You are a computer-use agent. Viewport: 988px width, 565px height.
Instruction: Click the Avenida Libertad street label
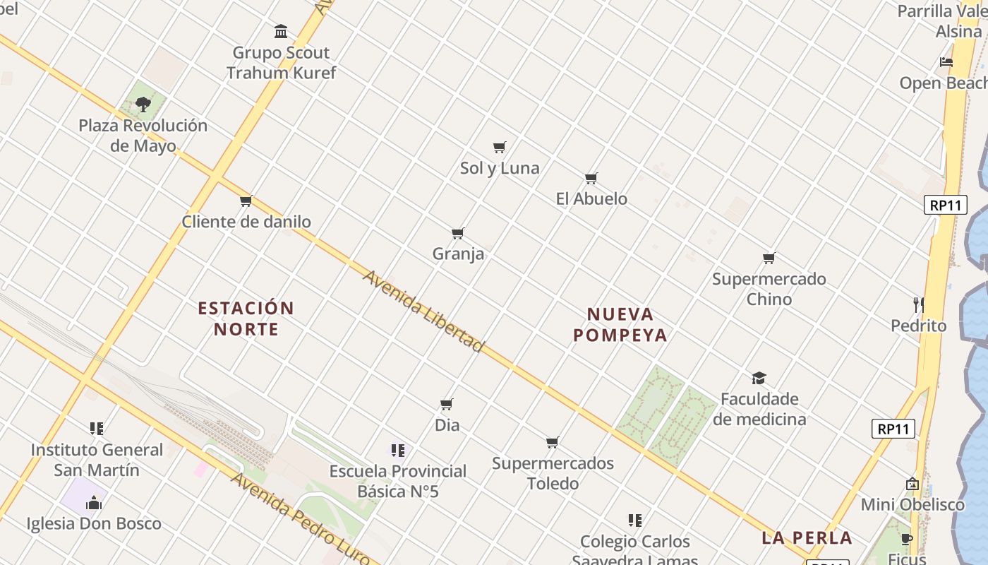tap(423, 311)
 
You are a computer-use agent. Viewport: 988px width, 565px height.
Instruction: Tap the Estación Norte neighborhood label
tap(246, 319)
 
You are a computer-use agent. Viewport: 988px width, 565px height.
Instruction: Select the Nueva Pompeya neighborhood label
tap(620, 324)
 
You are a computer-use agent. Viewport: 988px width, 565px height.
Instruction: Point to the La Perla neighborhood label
tap(807, 537)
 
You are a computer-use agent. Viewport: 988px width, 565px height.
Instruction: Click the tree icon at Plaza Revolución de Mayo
tap(143, 105)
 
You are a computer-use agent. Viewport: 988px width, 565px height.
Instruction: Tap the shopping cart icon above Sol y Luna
tap(500, 147)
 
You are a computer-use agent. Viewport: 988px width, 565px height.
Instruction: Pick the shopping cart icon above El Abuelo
tap(591, 178)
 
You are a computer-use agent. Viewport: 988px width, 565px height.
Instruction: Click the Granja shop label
tap(458, 254)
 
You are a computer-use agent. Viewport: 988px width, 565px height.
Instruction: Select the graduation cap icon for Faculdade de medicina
tap(759, 378)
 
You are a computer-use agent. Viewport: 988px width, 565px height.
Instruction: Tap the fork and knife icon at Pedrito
tap(918, 304)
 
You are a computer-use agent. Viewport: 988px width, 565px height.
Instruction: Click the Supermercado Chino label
tap(769, 289)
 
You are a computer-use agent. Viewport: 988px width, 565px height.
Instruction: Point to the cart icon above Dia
tap(446, 405)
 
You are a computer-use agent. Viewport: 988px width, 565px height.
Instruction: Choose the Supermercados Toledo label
tap(553, 473)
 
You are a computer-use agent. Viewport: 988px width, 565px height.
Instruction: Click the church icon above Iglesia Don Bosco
tap(93, 503)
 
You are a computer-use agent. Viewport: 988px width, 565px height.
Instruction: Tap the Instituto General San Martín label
tap(97, 460)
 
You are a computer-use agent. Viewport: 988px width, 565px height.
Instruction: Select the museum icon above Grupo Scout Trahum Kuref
tap(281, 32)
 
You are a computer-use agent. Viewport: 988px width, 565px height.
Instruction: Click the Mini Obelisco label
tap(912, 505)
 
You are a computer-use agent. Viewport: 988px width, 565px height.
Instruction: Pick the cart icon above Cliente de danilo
tap(246, 201)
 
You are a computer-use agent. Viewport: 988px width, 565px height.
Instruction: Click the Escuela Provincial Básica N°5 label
tap(398, 481)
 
